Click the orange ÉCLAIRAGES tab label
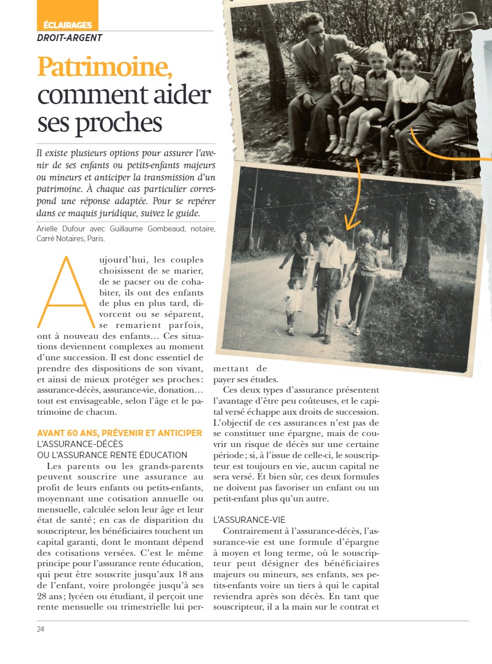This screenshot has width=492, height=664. (68, 25)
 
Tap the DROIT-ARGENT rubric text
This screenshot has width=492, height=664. (69, 38)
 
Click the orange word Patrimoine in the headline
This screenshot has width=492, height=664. (105, 68)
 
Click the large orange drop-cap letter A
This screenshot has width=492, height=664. (65, 292)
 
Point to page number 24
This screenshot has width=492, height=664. (41, 629)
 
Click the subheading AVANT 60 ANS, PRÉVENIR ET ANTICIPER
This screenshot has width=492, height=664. (119, 433)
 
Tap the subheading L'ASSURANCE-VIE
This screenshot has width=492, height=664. (249, 520)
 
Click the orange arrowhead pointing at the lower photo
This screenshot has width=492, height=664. (352, 223)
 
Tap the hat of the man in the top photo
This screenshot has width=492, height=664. (463, 22)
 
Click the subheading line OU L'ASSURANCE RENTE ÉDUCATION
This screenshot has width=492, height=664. (112, 455)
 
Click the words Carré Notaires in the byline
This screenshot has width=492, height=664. (60, 238)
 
